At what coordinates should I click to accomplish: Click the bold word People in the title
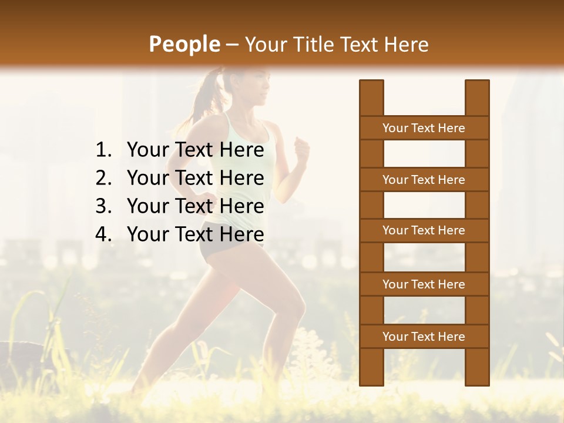184,44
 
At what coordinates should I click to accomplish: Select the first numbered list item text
195,150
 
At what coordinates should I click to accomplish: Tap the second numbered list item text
195,178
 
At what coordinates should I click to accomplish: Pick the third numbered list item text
195,206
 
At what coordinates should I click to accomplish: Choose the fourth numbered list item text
195,234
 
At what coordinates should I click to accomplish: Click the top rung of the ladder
424,128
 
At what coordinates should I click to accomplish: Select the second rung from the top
424,180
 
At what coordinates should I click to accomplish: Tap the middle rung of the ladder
424,230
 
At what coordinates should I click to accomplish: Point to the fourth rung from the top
424,284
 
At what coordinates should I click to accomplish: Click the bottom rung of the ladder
424,337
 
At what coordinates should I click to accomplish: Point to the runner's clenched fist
302,150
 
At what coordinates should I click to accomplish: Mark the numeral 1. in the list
103,150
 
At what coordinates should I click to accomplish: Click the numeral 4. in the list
103,234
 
